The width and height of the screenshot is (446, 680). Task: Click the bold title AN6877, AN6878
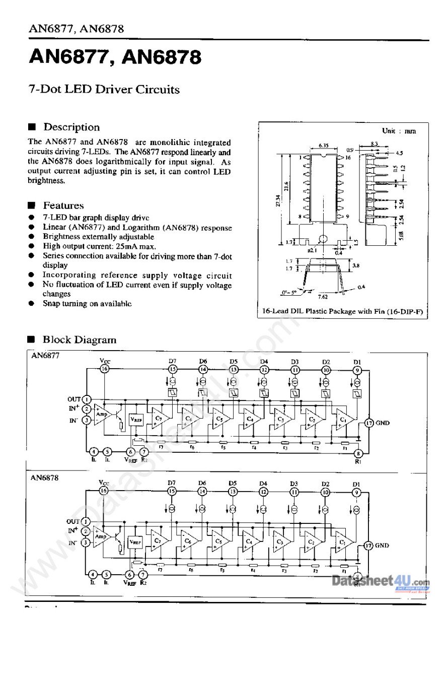(115, 58)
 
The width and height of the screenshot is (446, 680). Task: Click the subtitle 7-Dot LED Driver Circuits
(104, 90)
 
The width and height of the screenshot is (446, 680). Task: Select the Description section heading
(71, 127)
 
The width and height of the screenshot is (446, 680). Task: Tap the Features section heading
(63, 206)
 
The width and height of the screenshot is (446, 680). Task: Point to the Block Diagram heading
(79, 340)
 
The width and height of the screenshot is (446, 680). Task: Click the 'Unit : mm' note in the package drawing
(399, 131)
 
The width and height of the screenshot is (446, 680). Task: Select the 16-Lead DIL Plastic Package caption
(342, 312)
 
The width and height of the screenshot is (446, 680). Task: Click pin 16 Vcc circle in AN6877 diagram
(104, 369)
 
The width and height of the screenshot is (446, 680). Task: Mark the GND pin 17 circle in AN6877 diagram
(369, 423)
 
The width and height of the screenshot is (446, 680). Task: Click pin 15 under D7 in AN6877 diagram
(172, 369)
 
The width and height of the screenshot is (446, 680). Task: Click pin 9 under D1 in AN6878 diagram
(357, 492)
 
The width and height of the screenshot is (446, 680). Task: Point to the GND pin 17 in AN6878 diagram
(368, 545)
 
